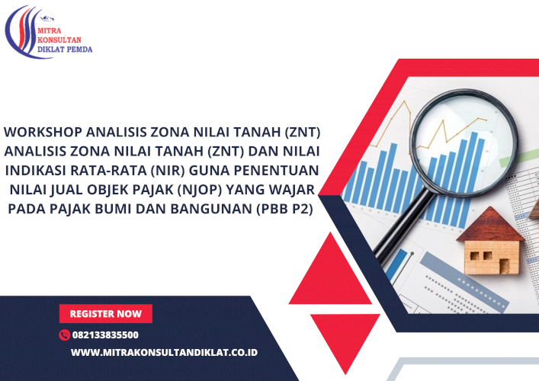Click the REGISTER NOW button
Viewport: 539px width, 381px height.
pyautogui.click(x=106, y=314)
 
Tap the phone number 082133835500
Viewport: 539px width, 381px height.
pyautogui.click(x=105, y=335)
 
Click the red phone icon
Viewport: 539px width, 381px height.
pyautogui.click(x=64, y=335)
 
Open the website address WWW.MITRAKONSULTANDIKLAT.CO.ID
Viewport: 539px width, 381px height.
pyautogui.click(x=164, y=353)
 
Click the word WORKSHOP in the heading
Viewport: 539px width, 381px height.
pyautogui.click(x=43, y=133)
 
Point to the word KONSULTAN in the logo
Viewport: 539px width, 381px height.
pyautogui.click(x=59, y=40)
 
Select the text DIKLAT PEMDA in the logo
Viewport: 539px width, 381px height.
pyautogui.click(x=65, y=50)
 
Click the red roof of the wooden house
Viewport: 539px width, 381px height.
pyautogui.click(x=490, y=225)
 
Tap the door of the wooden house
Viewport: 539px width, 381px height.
pyautogui.click(x=504, y=266)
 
